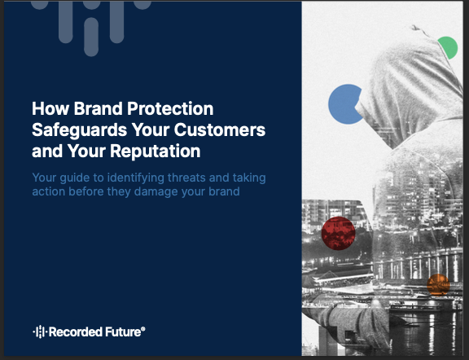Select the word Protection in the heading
click(170, 108)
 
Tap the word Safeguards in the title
click(79, 130)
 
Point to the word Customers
click(220, 130)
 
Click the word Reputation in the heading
click(156, 151)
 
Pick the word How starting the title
click(50, 108)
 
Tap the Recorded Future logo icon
click(39, 331)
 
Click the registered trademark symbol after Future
click(143, 328)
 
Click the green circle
click(449, 47)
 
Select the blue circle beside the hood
click(344, 104)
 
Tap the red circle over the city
click(338, 234)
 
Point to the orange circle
click(438, 284)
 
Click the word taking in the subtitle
click(249, 178)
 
